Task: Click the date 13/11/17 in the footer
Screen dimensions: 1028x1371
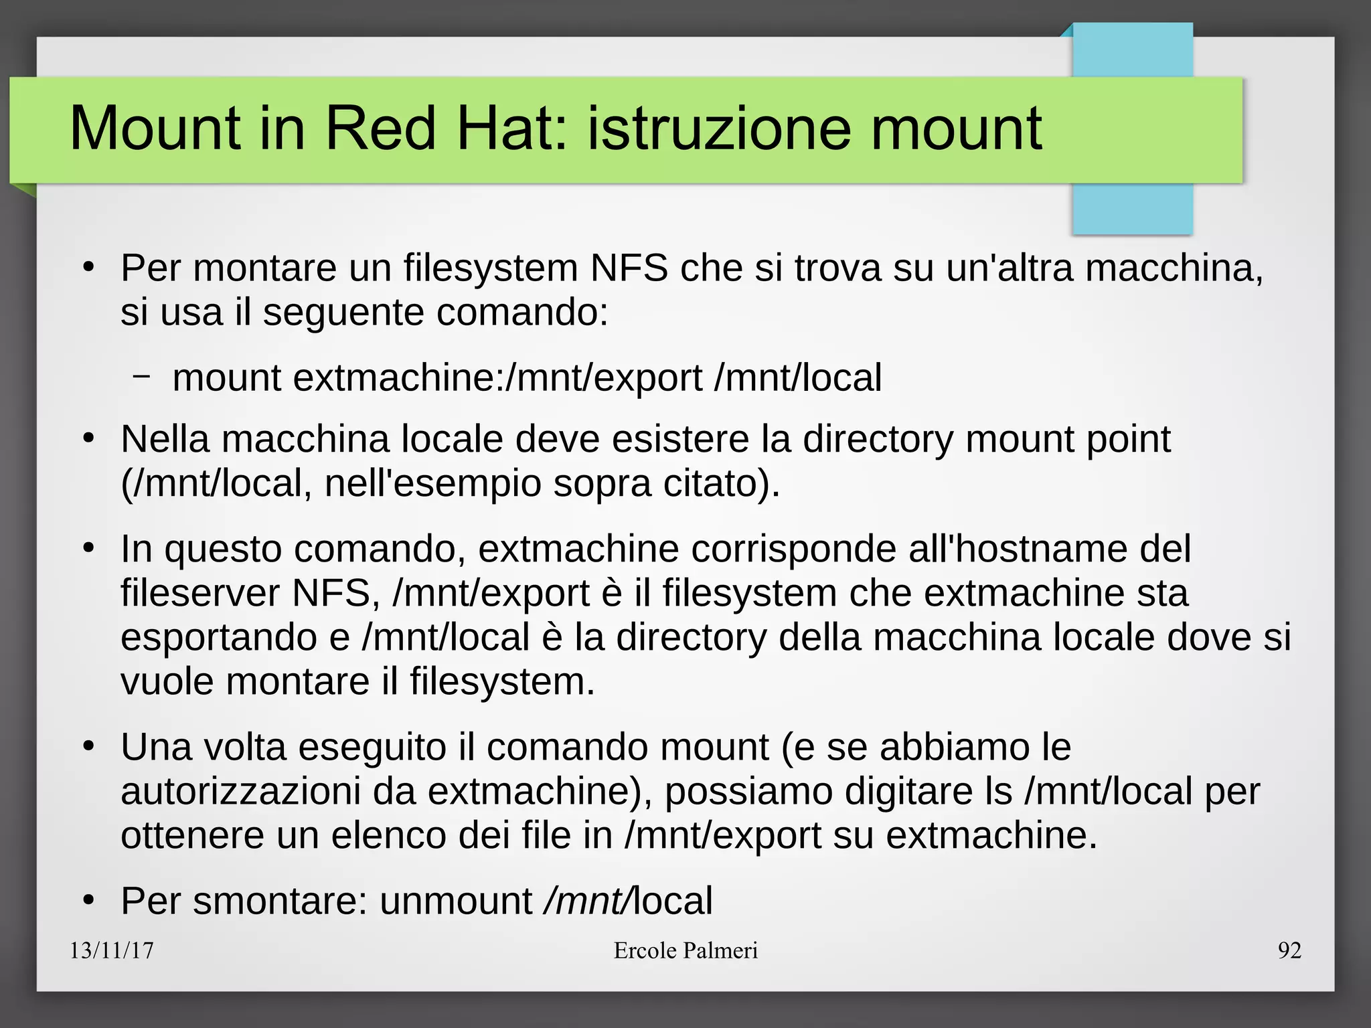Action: [112, 950]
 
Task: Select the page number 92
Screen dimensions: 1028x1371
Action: [1289, 950]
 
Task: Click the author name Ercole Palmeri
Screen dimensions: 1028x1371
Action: [685, 950]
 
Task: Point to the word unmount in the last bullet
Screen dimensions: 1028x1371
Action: [456, 901]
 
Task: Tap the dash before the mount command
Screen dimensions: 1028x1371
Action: [141, 376]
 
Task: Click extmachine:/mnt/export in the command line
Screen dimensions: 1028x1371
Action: [497, 377]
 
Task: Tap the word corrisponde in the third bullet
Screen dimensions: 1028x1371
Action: [793, 549]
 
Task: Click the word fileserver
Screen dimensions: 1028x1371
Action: [199, 594]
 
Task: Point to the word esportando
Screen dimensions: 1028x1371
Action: [218, 638]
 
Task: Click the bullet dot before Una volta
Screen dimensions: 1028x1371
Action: [88, 747]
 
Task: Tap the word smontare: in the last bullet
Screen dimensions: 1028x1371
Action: [280, 901]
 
